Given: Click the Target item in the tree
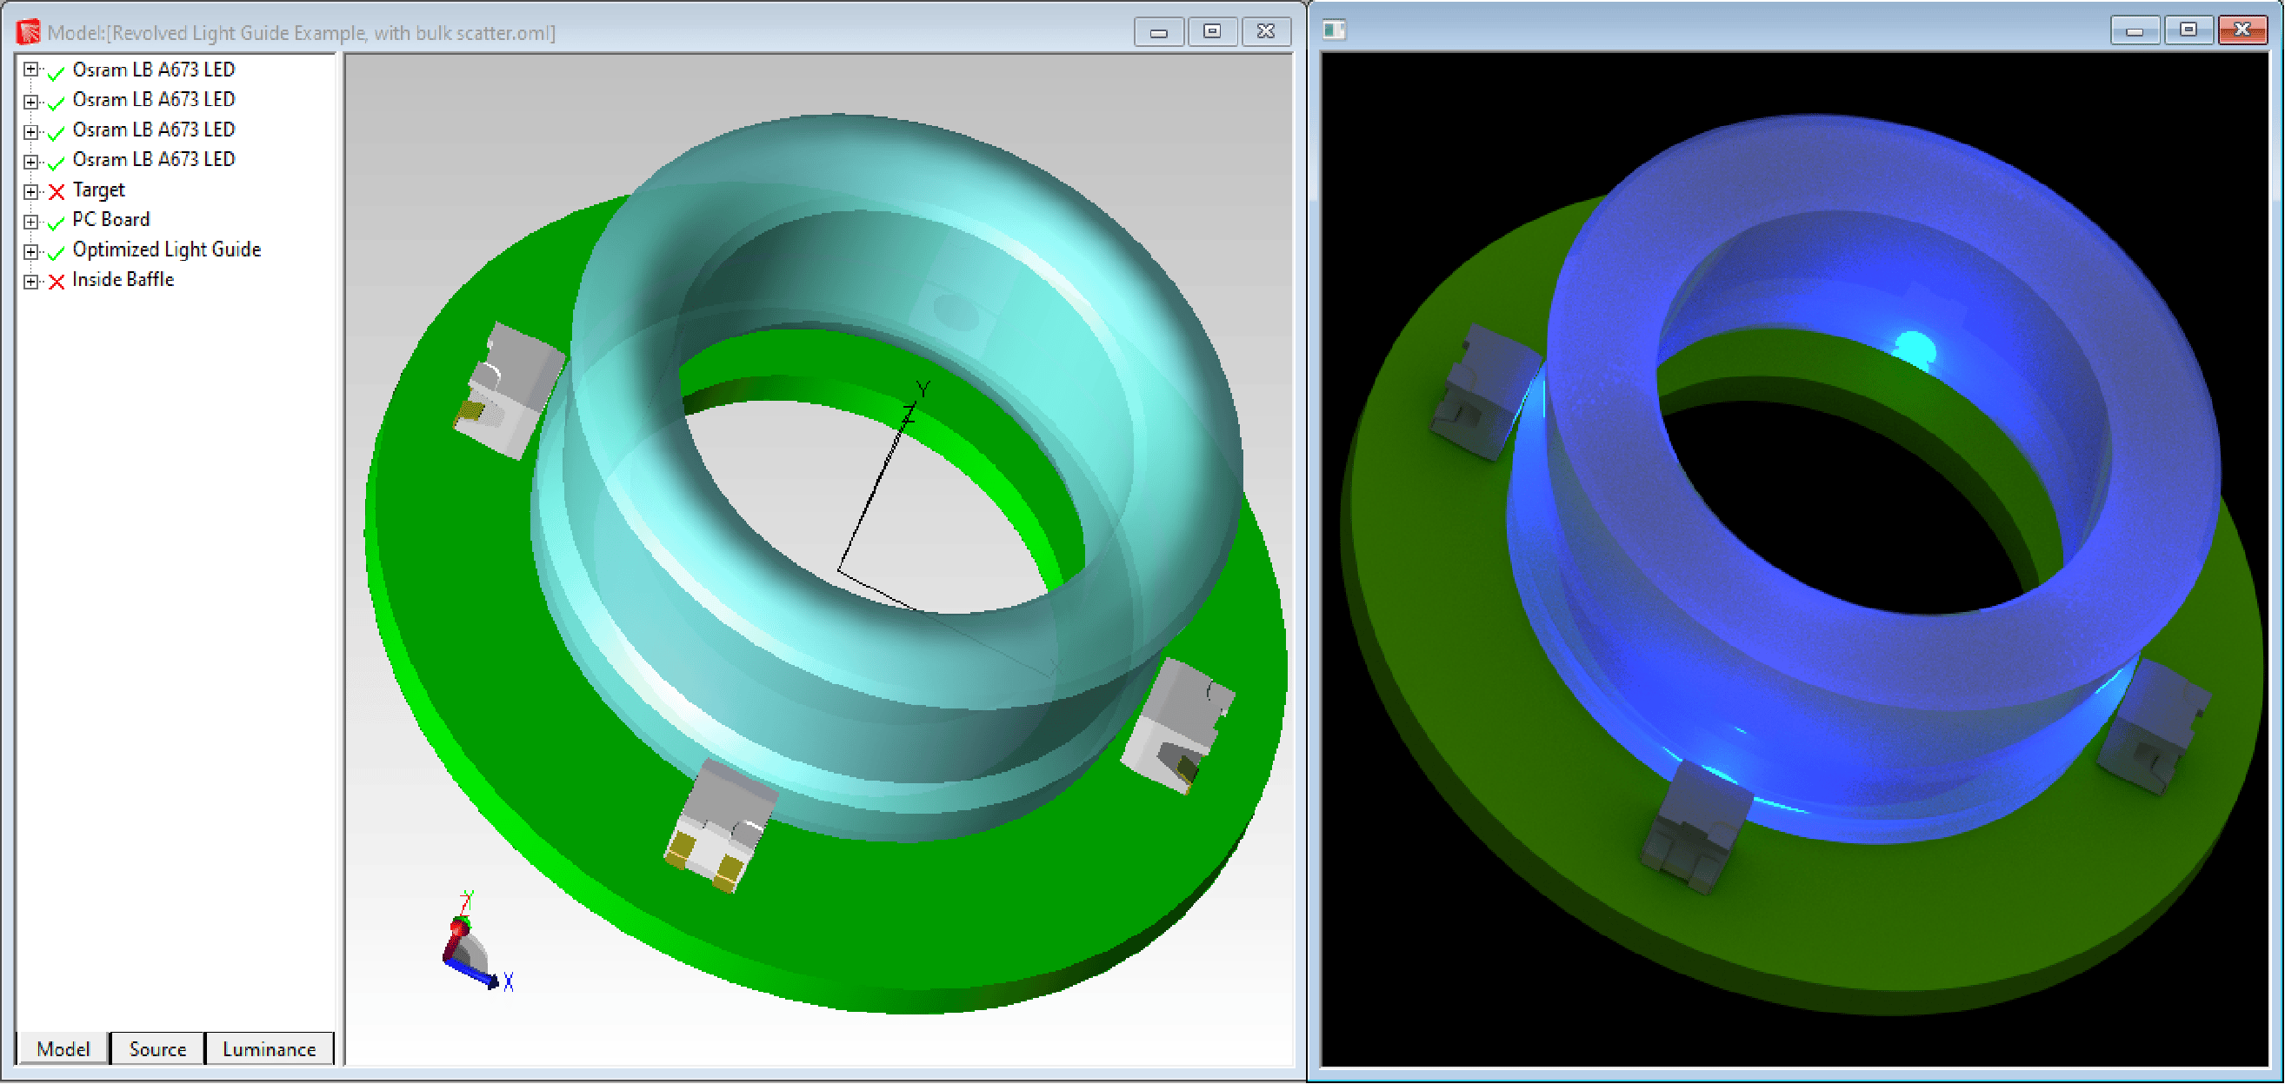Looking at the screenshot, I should click(x=98, y=190).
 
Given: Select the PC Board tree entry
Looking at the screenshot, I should click(x=111, y=219).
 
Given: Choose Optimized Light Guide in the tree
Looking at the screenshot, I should click(x=166, y=249).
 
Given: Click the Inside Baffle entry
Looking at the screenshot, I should click(x=123, y=279).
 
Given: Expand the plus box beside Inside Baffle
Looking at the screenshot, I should click(x=31, y=281).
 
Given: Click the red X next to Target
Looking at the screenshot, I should click(x=57, y=191).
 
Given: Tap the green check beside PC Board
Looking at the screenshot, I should click(x=57, y=222).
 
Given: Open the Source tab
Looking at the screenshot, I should click(x=157, y=1049).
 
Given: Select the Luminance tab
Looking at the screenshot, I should click(x=269, y=1049).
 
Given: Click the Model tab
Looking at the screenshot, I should click(x=63, y=1049).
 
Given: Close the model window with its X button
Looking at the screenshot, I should click(x=1266, y=32).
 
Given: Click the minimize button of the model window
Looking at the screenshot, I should click(x=1158, y=32).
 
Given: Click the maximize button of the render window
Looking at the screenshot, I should click(x=2188, y=30).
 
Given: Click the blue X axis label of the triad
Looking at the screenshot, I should click(x=509, y=982).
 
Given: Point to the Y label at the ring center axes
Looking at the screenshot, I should click(x=924, y=389).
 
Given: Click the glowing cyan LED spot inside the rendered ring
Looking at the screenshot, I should click(x=1914, y=346).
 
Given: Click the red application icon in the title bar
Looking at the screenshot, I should click(x=29, y=32).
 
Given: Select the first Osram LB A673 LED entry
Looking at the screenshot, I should click(x=152, y=70).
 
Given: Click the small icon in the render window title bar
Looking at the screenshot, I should click(x=1333, y=30).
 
